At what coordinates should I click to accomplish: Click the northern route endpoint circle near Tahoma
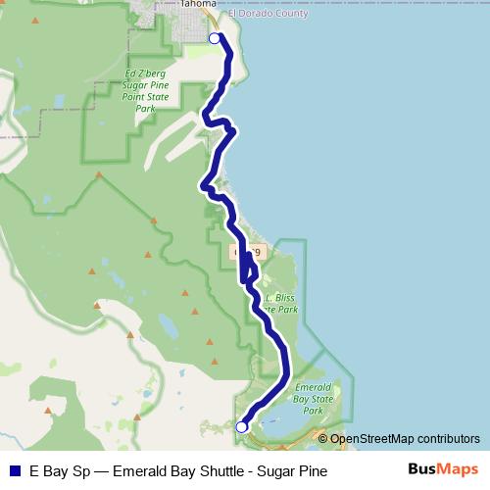(x=216, y=38)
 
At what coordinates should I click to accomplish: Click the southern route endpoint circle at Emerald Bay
(x=242, y=426)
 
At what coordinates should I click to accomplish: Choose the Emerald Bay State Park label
(x=314, y=399)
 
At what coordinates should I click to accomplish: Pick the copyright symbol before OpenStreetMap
(x=323, y=438)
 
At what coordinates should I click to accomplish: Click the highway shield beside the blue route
(x=247, y=252)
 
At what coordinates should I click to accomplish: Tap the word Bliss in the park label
(x=287, y=295)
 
